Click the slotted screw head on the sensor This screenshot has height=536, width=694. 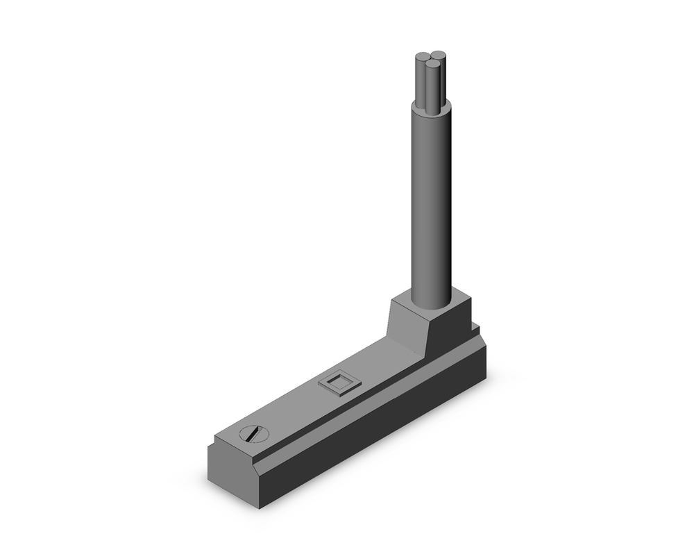click(253, 435)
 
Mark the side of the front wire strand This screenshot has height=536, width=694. click(432, 87)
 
